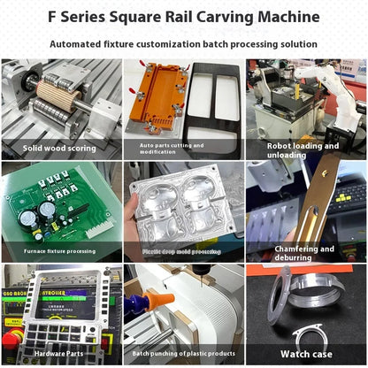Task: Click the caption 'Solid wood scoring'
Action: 60,149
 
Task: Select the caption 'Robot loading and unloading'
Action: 303,150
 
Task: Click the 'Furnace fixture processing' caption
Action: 59,251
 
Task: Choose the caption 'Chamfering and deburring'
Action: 304,253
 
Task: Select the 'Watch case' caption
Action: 305,354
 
